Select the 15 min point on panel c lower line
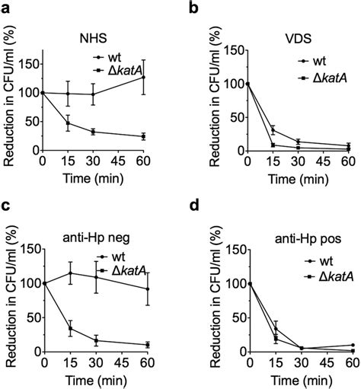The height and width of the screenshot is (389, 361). (70, 329)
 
